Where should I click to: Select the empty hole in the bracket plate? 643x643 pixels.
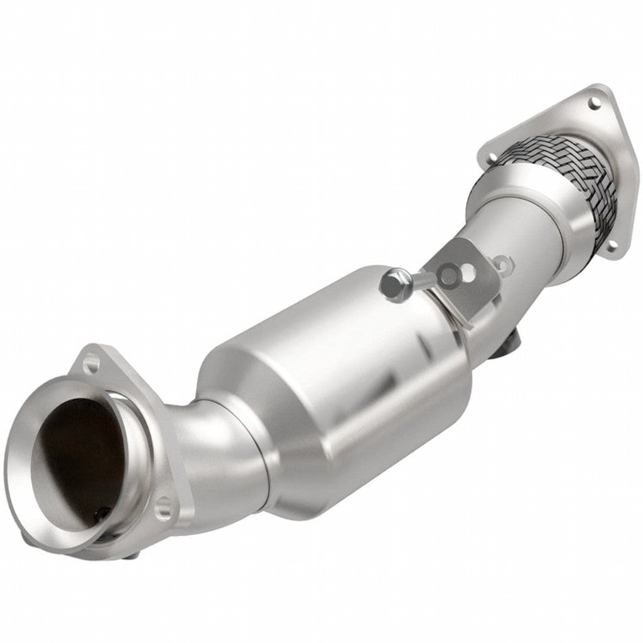[467, 274]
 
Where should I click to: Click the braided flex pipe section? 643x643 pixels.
[568, 173]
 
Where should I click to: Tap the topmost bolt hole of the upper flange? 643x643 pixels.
[592, 100]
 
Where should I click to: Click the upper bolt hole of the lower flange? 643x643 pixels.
[92, 362]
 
